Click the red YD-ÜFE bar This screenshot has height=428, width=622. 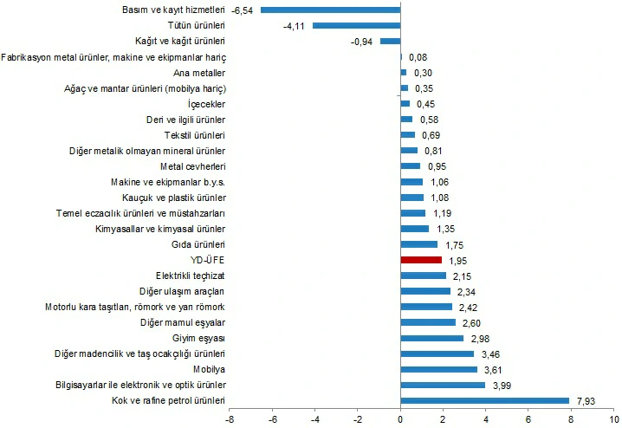[x=421, y=259]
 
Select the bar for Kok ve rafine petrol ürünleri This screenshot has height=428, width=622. [x=484, y=400]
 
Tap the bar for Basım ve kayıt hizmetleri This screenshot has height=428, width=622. [x=330, y=10]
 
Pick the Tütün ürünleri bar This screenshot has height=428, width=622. [x=356, y=26]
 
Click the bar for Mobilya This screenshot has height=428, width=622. [x=438, y=369]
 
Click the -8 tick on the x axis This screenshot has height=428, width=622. [x=229, y=419]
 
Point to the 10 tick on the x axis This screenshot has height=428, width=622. [x=613, y=419]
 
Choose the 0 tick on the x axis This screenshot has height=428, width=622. [x=400, y=419]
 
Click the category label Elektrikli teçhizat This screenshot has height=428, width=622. [x=191, y=276]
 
